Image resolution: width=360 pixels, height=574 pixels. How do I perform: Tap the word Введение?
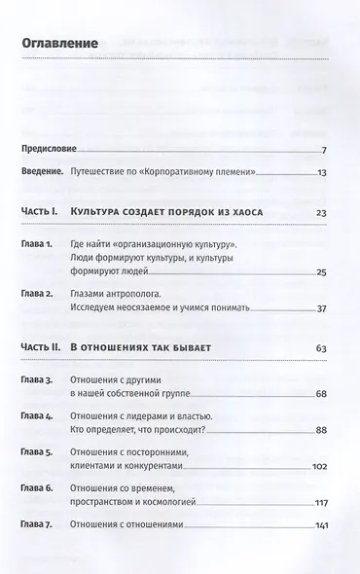42,172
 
